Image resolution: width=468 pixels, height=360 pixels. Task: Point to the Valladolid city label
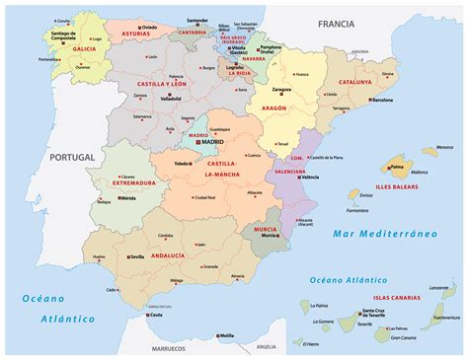pyautogui.click(x=170, y=99)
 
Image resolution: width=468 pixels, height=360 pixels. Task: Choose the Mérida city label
pyautogui.click(x=127, y=198)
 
